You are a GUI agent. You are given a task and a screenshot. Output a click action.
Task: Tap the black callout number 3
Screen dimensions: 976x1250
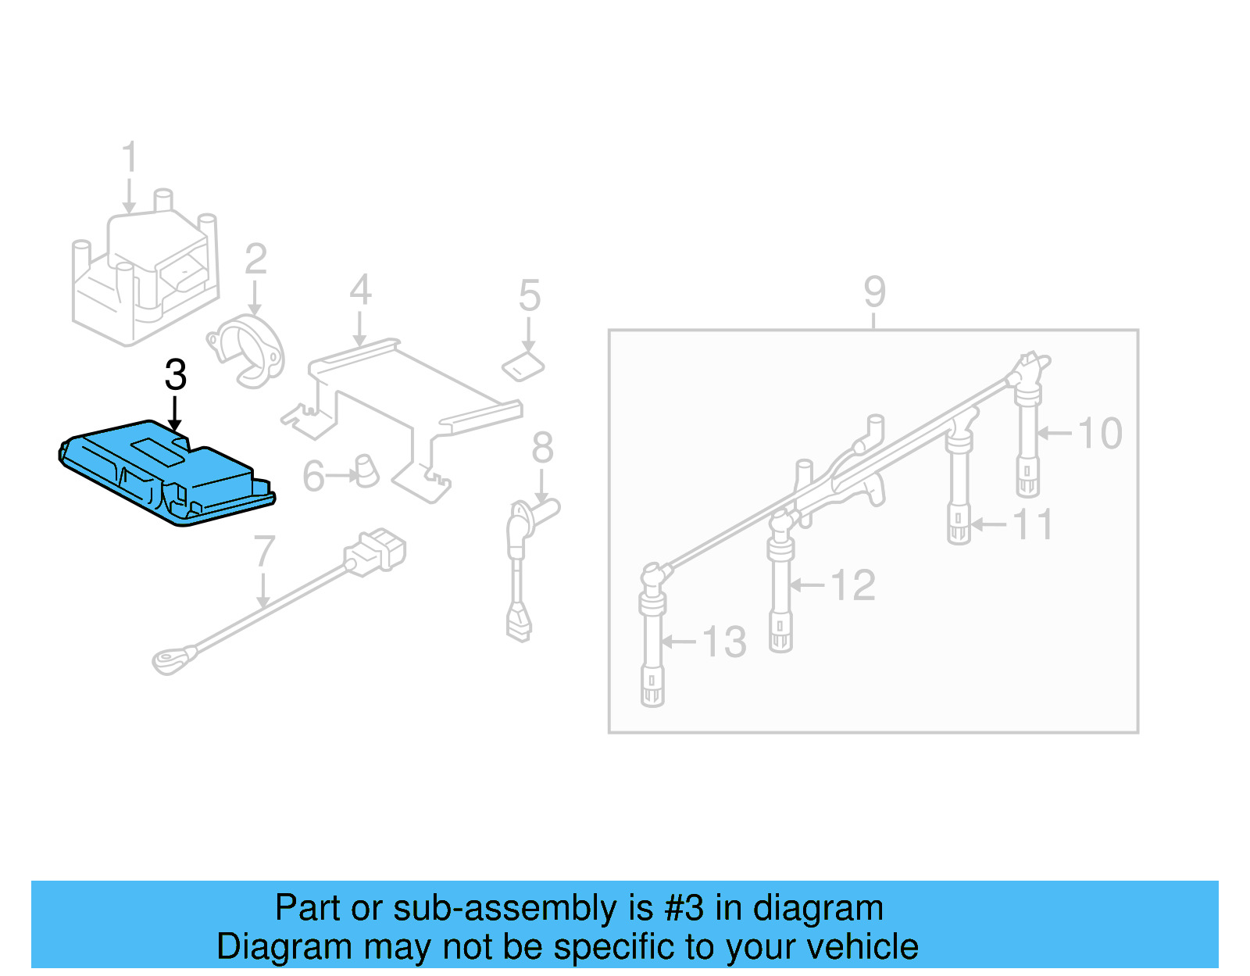pyautogui.click(x=176, y=375)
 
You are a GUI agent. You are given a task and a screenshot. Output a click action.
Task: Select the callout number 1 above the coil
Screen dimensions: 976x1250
pyautogui.click(x=130, y=157)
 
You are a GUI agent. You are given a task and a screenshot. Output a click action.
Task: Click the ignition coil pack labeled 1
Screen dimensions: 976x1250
pyautogui.click(x=145, y=270)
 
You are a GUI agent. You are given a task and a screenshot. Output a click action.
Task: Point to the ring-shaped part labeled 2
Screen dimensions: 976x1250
pyautogui.click(x=248, y=351)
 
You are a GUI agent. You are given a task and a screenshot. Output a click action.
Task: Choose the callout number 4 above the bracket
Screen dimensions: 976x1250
pyautogui.click(x=359, y=290)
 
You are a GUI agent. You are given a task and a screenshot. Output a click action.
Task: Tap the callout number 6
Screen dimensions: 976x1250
pyautogui.click(x=313, y=477)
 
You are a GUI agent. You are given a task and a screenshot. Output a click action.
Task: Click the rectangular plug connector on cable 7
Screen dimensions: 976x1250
pyautogui.click(x=377, y=551)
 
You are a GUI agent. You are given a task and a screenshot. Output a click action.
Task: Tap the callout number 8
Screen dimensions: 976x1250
pyautogui.click(x=542, y=448)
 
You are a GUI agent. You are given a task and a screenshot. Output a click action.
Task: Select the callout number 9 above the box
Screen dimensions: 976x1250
pyautogui.click(x=874, y=291)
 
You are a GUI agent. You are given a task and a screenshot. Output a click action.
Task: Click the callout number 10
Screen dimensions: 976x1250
pyautogui.click(x=1100, y=433)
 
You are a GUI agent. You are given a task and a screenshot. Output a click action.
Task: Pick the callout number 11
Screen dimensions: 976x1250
pyautogui.click(x=1033, y=524)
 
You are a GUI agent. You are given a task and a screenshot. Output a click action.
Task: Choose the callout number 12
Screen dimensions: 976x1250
pyautogui.click(x=852, y=585)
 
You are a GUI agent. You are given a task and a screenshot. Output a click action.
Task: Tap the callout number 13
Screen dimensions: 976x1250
pyautogui.click(x=724, y=642)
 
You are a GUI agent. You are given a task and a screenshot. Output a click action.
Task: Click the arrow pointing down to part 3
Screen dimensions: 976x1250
pyautogui.click(x=175, y=413)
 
